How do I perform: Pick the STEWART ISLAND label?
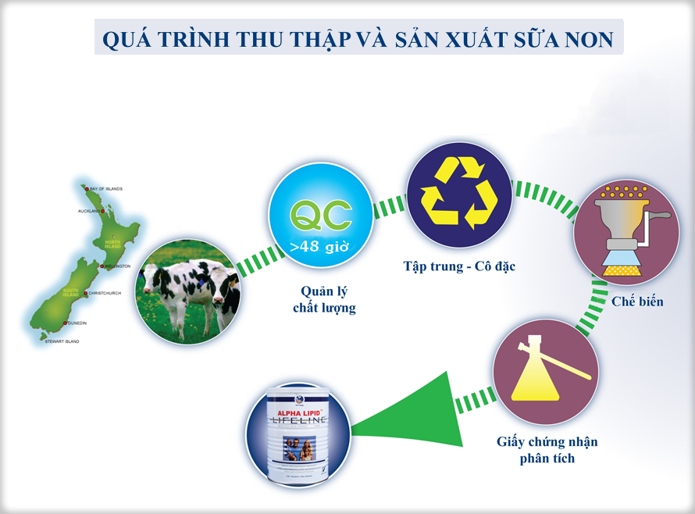62,341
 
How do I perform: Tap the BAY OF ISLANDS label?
105,189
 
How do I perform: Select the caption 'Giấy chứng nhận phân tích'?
547,450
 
